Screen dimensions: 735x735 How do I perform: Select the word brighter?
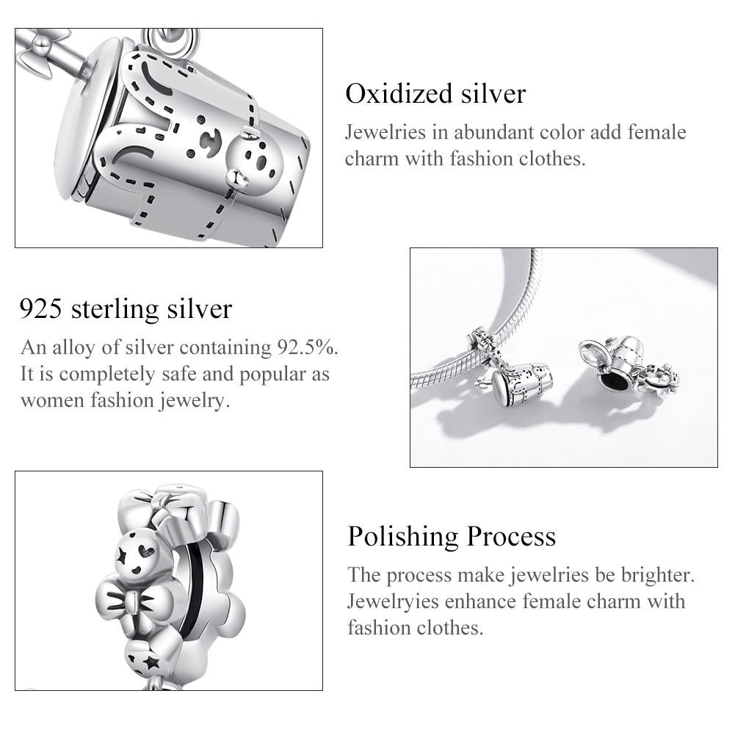[x=654, y=574]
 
